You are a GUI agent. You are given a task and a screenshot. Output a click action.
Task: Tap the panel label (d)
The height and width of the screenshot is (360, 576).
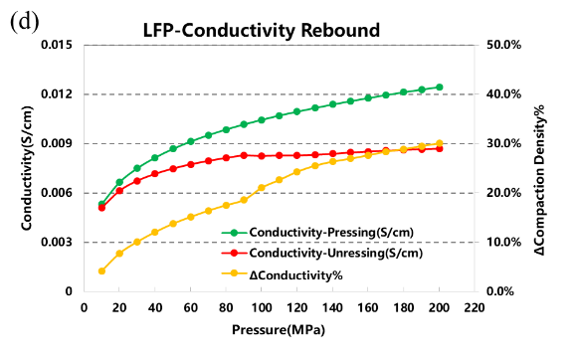pos(24,23)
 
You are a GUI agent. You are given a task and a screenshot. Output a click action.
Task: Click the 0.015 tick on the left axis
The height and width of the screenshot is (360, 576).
pos(58,45)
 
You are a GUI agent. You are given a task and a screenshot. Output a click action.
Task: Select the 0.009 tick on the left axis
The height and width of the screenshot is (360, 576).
pos(58,143)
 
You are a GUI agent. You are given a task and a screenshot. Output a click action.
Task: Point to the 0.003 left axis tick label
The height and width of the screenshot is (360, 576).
pos(58,242)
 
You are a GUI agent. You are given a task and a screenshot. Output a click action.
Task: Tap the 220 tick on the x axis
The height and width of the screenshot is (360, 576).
pos(475,307)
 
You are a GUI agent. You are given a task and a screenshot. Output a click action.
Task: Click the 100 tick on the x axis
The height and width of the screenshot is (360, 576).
pos(262,307)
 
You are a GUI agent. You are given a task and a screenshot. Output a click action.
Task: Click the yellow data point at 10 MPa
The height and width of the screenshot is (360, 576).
pos(101,270)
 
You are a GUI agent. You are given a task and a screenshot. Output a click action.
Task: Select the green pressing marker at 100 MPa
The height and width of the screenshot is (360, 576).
pos(262,119)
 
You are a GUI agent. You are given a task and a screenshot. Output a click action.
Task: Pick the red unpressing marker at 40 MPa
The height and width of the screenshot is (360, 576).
pos(155,174)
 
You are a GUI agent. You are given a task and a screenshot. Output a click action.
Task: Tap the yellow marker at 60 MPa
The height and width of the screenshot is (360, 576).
pos(191,217)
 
